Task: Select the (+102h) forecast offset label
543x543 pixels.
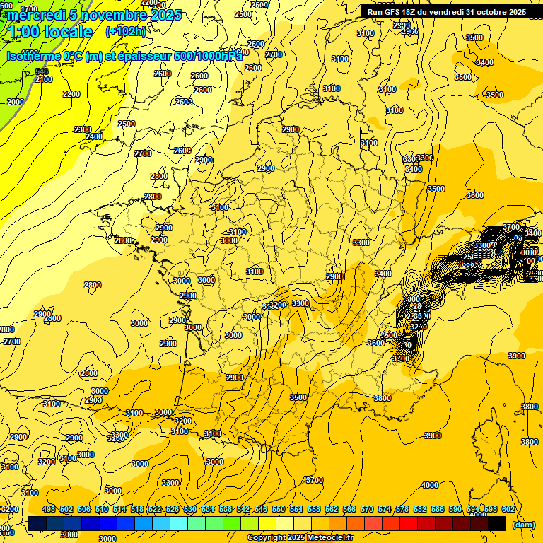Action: pyautogui.click(x=126, y=32)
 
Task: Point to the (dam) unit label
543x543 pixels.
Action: pyautogui.click(x=523, y=525)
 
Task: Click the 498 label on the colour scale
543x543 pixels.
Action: pyautogui.click(x=49, y=510)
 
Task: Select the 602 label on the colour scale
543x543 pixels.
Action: pyautogui.click(x=508, y=510)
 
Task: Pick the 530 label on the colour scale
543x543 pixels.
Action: pyautogui.click(x=190, y=510)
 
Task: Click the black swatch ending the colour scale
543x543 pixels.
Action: pyautogui.click(x=498, y=524)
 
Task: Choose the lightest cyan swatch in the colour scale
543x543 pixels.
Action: pyautogui.click(x=179, y=524)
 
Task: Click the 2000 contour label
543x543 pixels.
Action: pyautogui.click(x=15, y=102)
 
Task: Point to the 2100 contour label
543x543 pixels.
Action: pyautogui.click(x=44, y=79)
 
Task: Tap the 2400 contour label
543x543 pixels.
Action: pyautogui.click(x=93, y=136)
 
